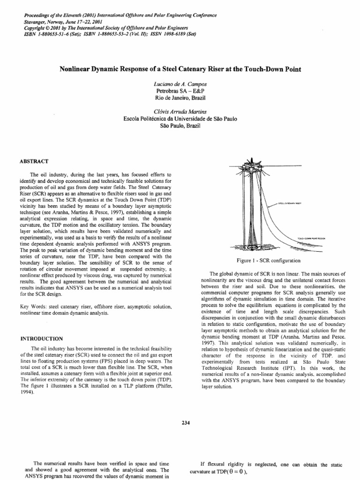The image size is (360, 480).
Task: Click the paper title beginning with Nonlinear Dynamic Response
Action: click(180, 69)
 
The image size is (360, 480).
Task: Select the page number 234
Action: click(186, 423)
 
